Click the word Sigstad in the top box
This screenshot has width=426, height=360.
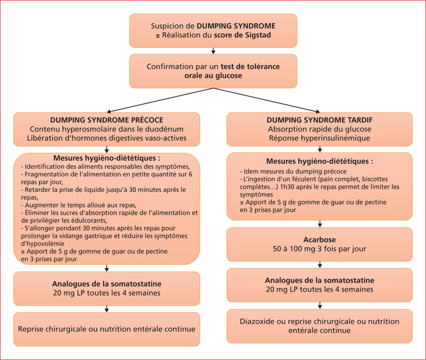[258, 35]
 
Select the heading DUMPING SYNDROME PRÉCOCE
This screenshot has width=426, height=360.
[106, 120]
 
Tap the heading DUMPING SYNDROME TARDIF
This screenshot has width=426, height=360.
[319, 120]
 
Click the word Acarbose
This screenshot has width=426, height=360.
[319, 239]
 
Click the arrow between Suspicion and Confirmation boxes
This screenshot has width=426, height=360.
[213, 51]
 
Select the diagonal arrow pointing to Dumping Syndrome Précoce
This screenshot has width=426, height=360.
[160, 100]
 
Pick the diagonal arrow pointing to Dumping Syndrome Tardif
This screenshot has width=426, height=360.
[267, 100]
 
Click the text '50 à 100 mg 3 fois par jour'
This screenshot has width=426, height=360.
[319, 249]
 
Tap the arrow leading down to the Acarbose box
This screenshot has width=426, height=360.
[319, 224]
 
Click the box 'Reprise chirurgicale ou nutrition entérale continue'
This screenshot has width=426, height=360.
[106, 329]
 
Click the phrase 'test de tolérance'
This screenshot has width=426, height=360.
[250, 66]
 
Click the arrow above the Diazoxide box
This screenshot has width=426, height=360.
[319, 305]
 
